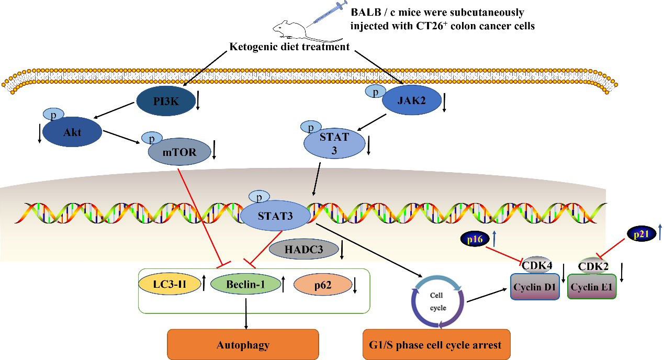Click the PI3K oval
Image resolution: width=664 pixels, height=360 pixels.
click(x=166, y=102)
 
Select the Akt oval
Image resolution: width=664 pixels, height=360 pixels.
click(x=72, y=132)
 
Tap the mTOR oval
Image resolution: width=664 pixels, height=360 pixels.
click(x=179, y=152)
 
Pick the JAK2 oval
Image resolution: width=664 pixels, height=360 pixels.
click(x=411, y=100)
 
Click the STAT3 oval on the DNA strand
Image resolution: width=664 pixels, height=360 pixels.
click(x=275, y=216)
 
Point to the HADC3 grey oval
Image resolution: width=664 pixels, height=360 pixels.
click(x=303, y=250)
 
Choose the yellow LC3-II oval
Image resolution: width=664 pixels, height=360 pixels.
click(x=170, y=284)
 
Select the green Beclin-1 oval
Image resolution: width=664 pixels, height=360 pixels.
click(x=245, y=284)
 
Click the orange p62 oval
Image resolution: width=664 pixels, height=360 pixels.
click(x=322, y=285)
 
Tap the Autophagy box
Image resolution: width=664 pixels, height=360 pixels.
click(x=243, y=345)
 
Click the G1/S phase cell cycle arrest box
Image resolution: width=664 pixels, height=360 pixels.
click(x=436, y=345)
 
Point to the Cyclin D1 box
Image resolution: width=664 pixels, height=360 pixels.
click(x=535, y=287)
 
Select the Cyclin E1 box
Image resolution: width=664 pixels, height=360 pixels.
click(x=592, y=287)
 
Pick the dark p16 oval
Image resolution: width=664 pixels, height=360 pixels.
click(x=475, y=239)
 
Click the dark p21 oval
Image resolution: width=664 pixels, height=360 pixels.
click(x=641, y=234)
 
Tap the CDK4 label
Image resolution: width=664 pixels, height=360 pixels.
click(x=537, y=265)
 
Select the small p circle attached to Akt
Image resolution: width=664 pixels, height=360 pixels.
click(x=53, y=115)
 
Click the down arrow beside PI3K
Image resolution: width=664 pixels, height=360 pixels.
click(x=198, y=100)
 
